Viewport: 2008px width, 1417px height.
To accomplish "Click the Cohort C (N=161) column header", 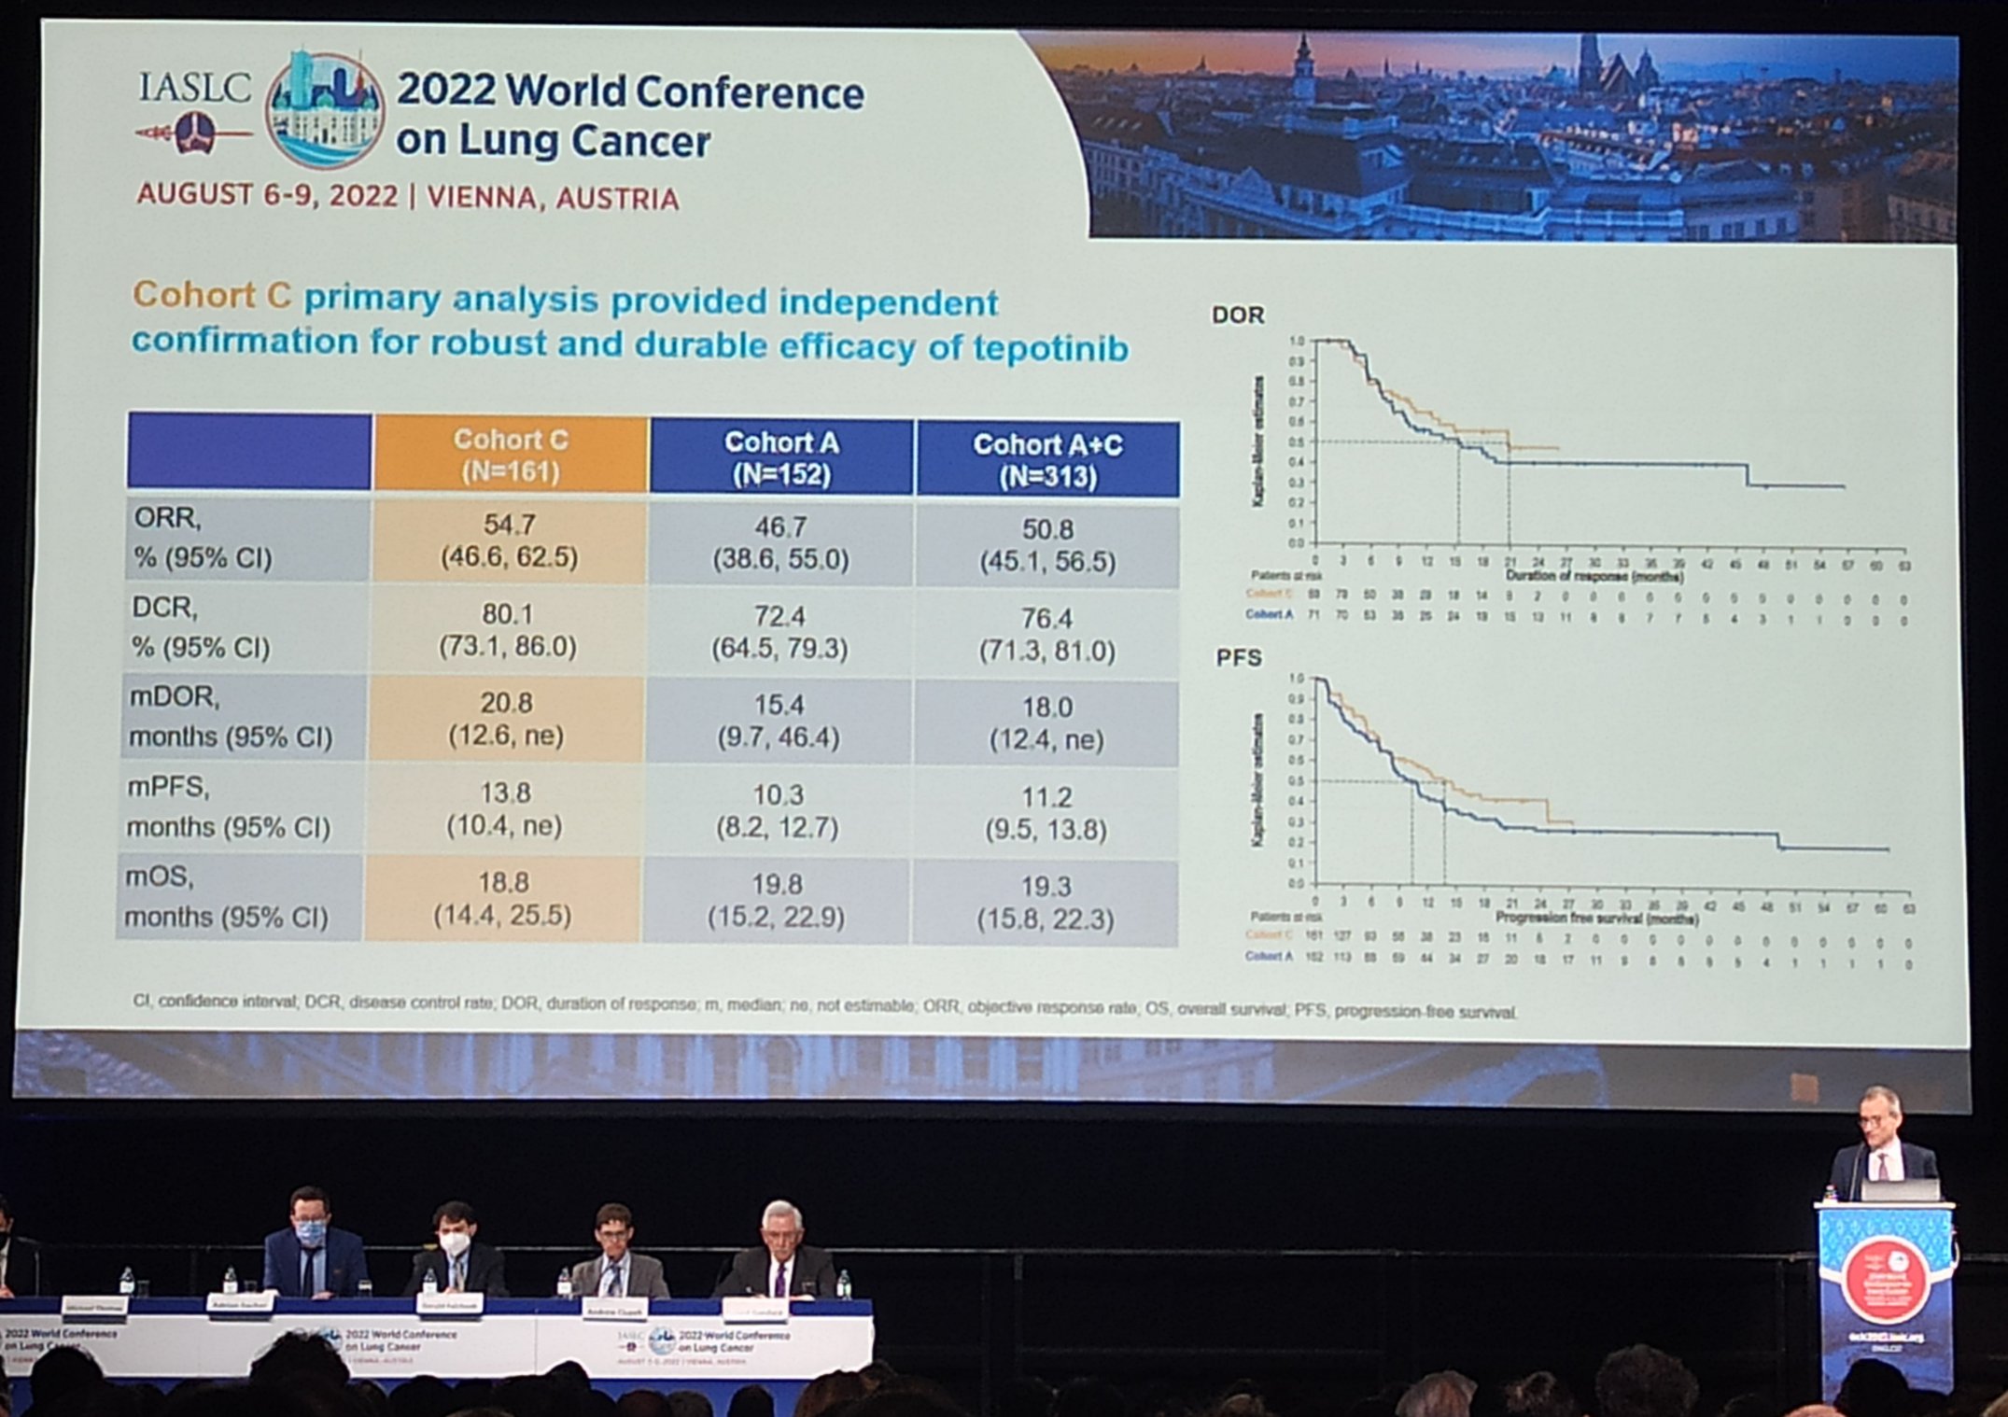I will click(x=510, y=455).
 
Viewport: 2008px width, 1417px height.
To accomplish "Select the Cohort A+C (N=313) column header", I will click(x=1046, y=459).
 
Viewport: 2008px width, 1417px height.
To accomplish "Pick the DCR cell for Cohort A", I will click(x=779, y=632).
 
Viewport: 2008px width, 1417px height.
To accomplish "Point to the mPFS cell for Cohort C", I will click(x=504, y=809).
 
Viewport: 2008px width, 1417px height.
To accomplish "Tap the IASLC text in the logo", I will click(x=194, y=89).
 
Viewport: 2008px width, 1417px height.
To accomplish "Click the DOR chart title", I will click(x=1238, y=316).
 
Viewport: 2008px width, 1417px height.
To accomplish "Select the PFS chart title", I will click(x=1238, y=658).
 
